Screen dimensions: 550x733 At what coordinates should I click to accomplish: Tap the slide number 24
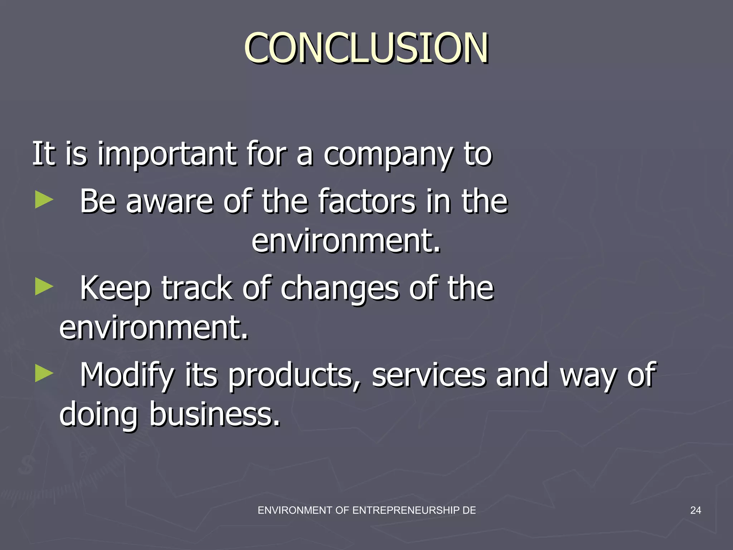click(x=695, y=510)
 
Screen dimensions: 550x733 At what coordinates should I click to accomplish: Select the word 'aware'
click(x=170, y=202)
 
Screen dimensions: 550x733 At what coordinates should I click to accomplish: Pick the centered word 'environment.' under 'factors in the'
click(x=346, y=241)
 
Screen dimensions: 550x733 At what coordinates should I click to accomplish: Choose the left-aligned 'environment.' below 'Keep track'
click(x=154, y=327)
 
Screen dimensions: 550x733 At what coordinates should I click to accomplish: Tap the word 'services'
click(x=429, y=375)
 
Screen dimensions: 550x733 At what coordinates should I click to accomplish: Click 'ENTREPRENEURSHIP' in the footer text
click(x=406, y=510)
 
